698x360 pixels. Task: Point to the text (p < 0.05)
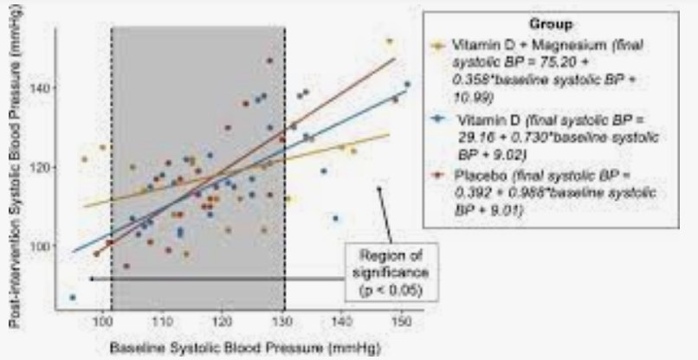pyautogui.click(x=391, y=287)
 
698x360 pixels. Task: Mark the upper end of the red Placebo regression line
pyautogui.click(x=395, y=59)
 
